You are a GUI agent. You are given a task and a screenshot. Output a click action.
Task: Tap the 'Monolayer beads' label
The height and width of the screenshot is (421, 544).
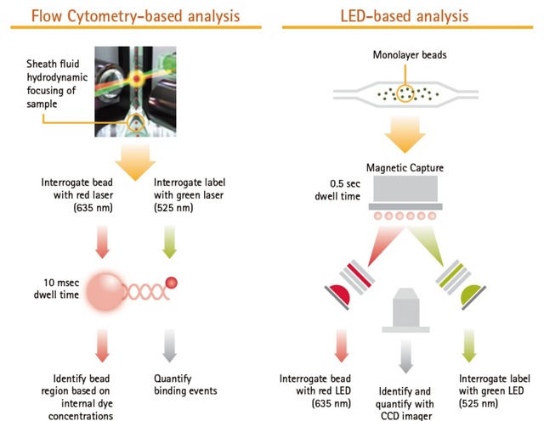click(411, 55)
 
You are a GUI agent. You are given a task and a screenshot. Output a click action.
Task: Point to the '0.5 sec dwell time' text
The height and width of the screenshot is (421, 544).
click(346, 190)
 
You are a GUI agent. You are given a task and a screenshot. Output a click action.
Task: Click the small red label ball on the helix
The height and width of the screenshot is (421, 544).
click(172, 282)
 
